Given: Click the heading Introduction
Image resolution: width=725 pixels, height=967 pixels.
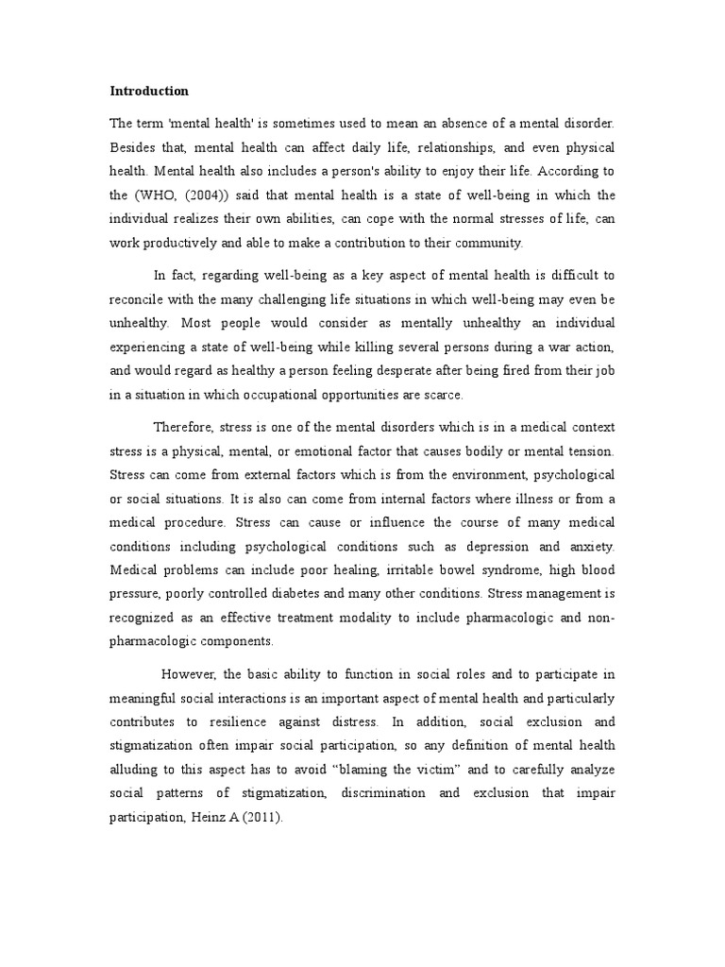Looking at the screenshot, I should pyautogui.click(x=149, y=92).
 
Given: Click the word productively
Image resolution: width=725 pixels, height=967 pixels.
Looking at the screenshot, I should pyautogui.click(x=188, y=244).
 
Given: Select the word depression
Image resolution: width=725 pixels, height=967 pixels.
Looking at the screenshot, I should pyautogui.click(x=490, y=547).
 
